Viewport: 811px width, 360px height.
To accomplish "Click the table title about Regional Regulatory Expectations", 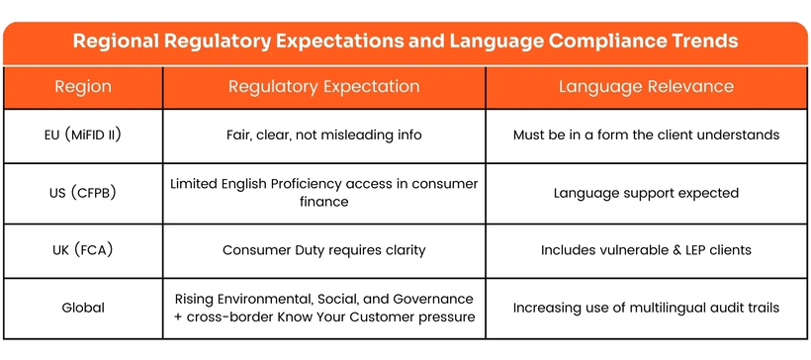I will coord(405,42).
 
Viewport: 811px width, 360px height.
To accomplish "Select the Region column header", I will coord(83,87).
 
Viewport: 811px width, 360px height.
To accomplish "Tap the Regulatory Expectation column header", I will coord(323,87).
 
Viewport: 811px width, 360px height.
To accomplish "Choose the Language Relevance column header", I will coord(646,87).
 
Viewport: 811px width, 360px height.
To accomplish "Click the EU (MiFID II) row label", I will coord(83,135).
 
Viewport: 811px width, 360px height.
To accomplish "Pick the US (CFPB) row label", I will coord(83,193).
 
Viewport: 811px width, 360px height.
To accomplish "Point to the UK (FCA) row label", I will coord(83,250).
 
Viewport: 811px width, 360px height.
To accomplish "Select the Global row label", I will coord(83,308).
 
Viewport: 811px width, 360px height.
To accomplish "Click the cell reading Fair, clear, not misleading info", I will coord(323,135).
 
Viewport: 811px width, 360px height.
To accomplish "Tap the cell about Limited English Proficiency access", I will coord(323,193).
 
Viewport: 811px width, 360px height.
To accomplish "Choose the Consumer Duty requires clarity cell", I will coord(323,250).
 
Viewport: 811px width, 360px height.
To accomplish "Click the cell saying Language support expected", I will coord(646,193).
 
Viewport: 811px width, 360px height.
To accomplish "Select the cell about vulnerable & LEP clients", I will coord(646,250).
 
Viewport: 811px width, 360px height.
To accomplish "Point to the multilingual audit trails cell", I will coord(646,308).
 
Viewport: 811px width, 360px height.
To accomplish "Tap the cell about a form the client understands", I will coord(646,135).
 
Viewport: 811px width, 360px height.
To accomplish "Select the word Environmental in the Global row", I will coord(275,299).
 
